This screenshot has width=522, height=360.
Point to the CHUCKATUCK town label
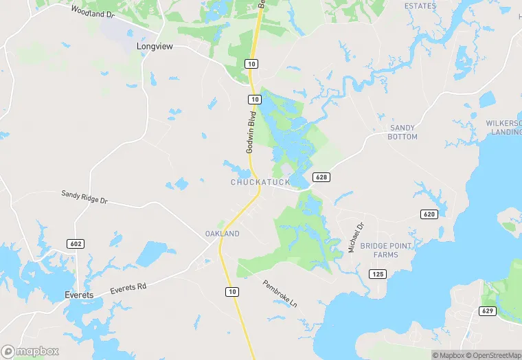pos(260,182)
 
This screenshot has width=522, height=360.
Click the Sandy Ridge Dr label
pos(84,197)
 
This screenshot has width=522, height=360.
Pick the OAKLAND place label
pos(223,234)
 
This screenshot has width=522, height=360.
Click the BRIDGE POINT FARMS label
pos(386,250)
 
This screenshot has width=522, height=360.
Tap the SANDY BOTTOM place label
pos(403,133)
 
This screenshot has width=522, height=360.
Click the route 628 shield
pos(321,177)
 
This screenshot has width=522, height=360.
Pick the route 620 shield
pos(429,214)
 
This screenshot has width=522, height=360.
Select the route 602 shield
pos(75,243)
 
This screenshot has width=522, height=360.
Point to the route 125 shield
pos(378,274)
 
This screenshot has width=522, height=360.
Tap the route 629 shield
pos(488,311)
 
